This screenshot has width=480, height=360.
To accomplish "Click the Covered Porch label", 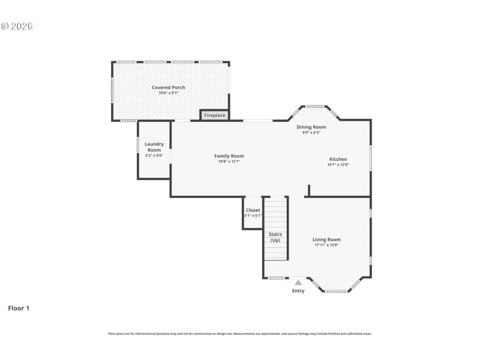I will pyautogui.click(x=168, y=88).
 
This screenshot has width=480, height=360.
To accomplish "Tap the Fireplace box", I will pyautogui.click(x=214, y=115).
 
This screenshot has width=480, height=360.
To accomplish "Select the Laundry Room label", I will pyautogui.click(x=154, y=146).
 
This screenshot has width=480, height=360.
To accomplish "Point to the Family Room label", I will pyautogui.click(x=229, y=156).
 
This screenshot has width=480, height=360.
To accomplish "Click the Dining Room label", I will pyautogui.click(x=311, y=127).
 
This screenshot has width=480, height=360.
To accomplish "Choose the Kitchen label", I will pyautogui.click(x=338, y=159).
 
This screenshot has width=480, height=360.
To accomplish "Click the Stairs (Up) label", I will pyautogui.click(x=275, y=237).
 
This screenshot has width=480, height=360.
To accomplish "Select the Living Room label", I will pyautogui.click(x=326, y=239).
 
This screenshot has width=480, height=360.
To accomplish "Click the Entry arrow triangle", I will pyautogui.click(x=298, y=282).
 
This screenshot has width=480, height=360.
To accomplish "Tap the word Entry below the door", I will pyautogui.click(x=298, y=291).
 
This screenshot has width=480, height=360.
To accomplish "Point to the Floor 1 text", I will pyautogui.click(x=19, y=308).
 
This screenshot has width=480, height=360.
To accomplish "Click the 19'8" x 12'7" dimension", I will pyautogui.click(x=229, y=161).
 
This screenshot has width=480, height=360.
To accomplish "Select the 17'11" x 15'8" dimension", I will pyautogui.click(x=326, y=245).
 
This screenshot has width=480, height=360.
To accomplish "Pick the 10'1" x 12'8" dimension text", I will pyautogui.click(x=338, y=164).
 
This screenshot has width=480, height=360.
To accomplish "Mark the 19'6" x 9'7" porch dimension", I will pyautogui.click(x=168, y=93).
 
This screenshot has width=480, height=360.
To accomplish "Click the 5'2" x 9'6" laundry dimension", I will pyautogui.click(x=154, y=155).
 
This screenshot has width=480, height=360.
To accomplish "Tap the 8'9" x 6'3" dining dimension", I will pyautogui.click(x=311, y=133).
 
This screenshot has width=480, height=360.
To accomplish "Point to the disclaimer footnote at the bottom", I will pyautogui.click(x=240, y=334).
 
